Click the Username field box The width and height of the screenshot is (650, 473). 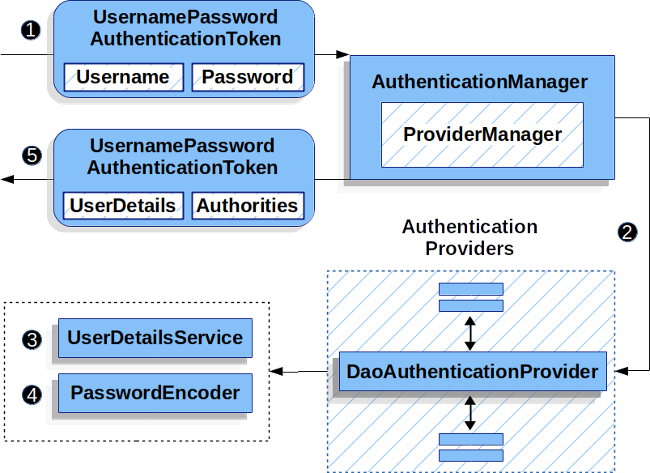123,78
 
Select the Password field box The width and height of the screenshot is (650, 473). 248,78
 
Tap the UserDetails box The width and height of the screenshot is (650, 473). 123,206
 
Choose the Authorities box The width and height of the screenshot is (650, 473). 247,206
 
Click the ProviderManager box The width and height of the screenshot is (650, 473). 482,134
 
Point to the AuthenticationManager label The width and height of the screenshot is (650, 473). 479,83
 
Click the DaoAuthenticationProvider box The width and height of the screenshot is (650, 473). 472,372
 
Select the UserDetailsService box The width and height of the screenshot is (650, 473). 155,338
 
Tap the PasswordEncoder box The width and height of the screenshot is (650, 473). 155,394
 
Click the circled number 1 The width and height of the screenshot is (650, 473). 31,31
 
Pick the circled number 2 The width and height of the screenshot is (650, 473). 628,232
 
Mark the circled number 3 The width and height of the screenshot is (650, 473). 32,339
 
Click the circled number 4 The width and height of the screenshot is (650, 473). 32,395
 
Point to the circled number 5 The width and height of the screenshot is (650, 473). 32,156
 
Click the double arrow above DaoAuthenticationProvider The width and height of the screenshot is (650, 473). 470,332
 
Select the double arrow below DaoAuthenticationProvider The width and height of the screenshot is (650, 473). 470,412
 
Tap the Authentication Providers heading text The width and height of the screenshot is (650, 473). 469,237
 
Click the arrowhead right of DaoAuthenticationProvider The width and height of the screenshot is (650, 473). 622,372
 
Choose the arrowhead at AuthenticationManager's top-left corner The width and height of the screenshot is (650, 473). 342,55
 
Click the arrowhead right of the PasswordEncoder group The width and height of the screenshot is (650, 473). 277,371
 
